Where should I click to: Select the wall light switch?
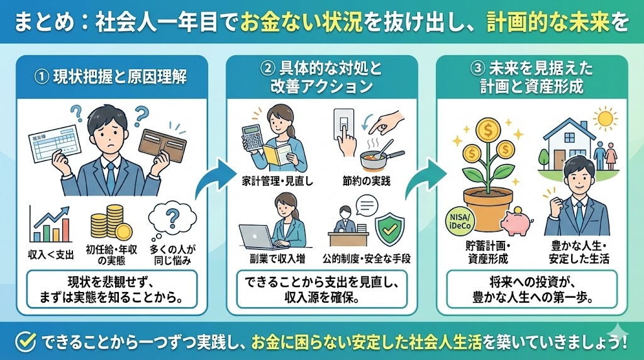pos(343,127)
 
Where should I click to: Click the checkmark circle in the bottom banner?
pos(24,342)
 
